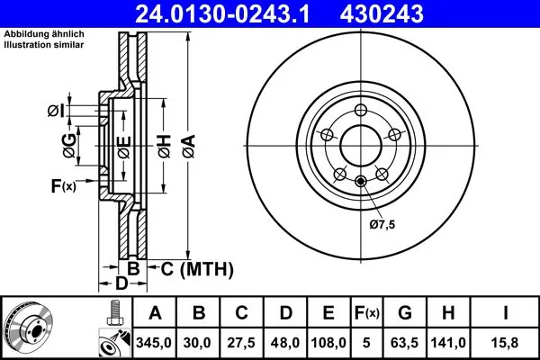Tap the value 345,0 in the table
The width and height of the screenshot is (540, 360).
[156, 341]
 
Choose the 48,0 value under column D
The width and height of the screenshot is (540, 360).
[286, 341]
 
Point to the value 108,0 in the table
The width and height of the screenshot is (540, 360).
[329, 341]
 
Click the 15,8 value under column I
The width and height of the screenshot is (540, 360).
[507, 341]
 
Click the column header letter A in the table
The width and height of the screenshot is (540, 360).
[156, 312]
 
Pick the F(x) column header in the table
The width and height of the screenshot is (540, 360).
[368, 312]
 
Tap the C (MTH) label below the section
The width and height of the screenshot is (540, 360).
[196, 268]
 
